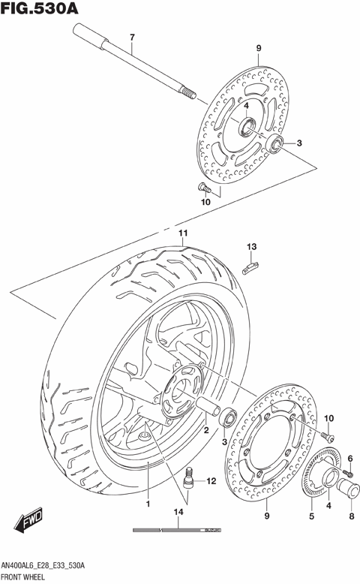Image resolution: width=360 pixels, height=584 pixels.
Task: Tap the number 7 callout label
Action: coord(131,38)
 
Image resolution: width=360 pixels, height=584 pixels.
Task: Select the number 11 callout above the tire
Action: coord(181,233)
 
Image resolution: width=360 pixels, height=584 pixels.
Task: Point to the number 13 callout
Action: coord(252,247)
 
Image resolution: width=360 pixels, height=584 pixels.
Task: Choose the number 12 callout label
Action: coord(211,480)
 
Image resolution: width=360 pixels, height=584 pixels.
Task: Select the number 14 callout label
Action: coord(178,513)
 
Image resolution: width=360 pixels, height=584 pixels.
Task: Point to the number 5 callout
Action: coord(311,516)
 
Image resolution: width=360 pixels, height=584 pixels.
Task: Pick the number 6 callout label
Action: coord(349,458)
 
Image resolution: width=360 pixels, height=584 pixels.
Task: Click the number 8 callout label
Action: coord(349,516)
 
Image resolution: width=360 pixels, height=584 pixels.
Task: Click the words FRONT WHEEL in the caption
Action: coord(25,577)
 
